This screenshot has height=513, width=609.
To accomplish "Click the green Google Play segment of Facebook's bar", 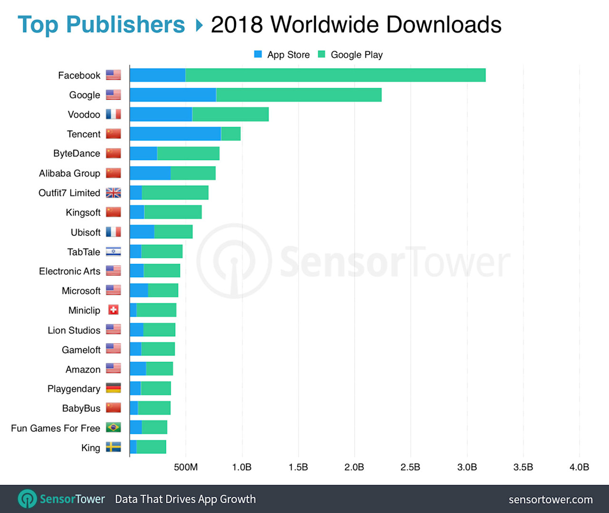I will (335, 75).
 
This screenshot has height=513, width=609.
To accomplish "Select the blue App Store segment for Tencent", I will (175, 134).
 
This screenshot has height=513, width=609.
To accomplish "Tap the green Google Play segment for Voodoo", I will (230, 114).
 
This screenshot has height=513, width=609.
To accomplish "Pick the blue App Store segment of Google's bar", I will (173, 95).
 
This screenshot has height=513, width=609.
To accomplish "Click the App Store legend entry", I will (282, 55).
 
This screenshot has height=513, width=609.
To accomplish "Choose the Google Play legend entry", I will (351, 55).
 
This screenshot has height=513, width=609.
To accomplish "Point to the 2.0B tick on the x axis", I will (354, 467).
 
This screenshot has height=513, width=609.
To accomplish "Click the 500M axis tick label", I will (186, 467).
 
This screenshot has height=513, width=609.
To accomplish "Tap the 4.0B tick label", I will (579, 467).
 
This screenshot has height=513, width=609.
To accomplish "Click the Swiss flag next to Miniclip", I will (113, 310).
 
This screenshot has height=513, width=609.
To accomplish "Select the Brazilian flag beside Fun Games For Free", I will (113, 428).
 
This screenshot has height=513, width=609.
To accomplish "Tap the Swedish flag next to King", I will (113, 447).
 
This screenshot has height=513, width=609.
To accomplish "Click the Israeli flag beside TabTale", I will (113, 251).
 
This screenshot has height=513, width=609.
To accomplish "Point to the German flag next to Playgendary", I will (113, 388).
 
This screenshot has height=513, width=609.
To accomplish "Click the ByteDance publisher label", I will (77, 153).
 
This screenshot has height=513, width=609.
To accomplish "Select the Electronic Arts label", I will (69, 271).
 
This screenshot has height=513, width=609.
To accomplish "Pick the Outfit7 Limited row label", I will (69, 193).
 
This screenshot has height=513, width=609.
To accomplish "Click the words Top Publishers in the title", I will (101, 25).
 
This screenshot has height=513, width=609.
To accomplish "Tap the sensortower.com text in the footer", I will (550, 500).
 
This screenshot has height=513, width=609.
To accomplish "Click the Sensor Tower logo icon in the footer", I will (27, 499).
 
